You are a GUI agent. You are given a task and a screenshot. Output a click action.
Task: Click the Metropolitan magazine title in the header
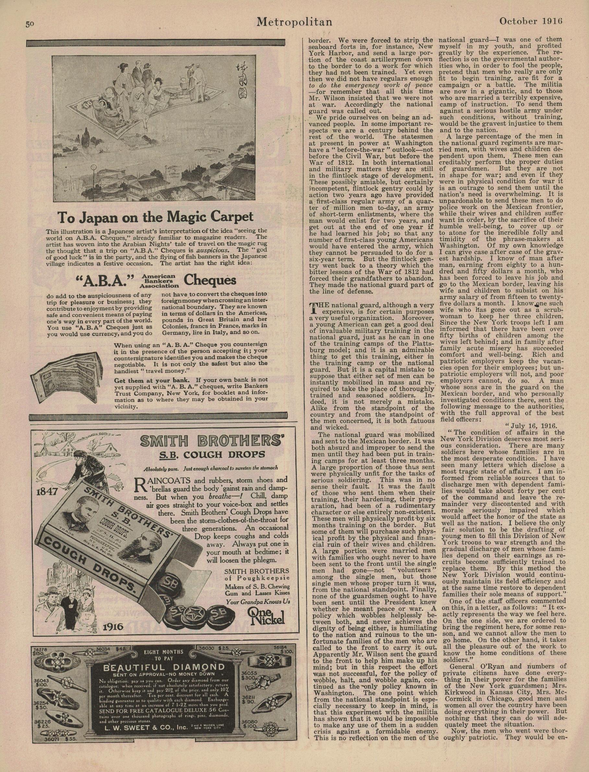coord(294,22)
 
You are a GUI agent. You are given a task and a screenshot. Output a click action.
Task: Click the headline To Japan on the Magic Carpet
coord(155,218)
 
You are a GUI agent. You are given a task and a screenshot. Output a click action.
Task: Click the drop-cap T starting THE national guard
coord(313,308)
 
